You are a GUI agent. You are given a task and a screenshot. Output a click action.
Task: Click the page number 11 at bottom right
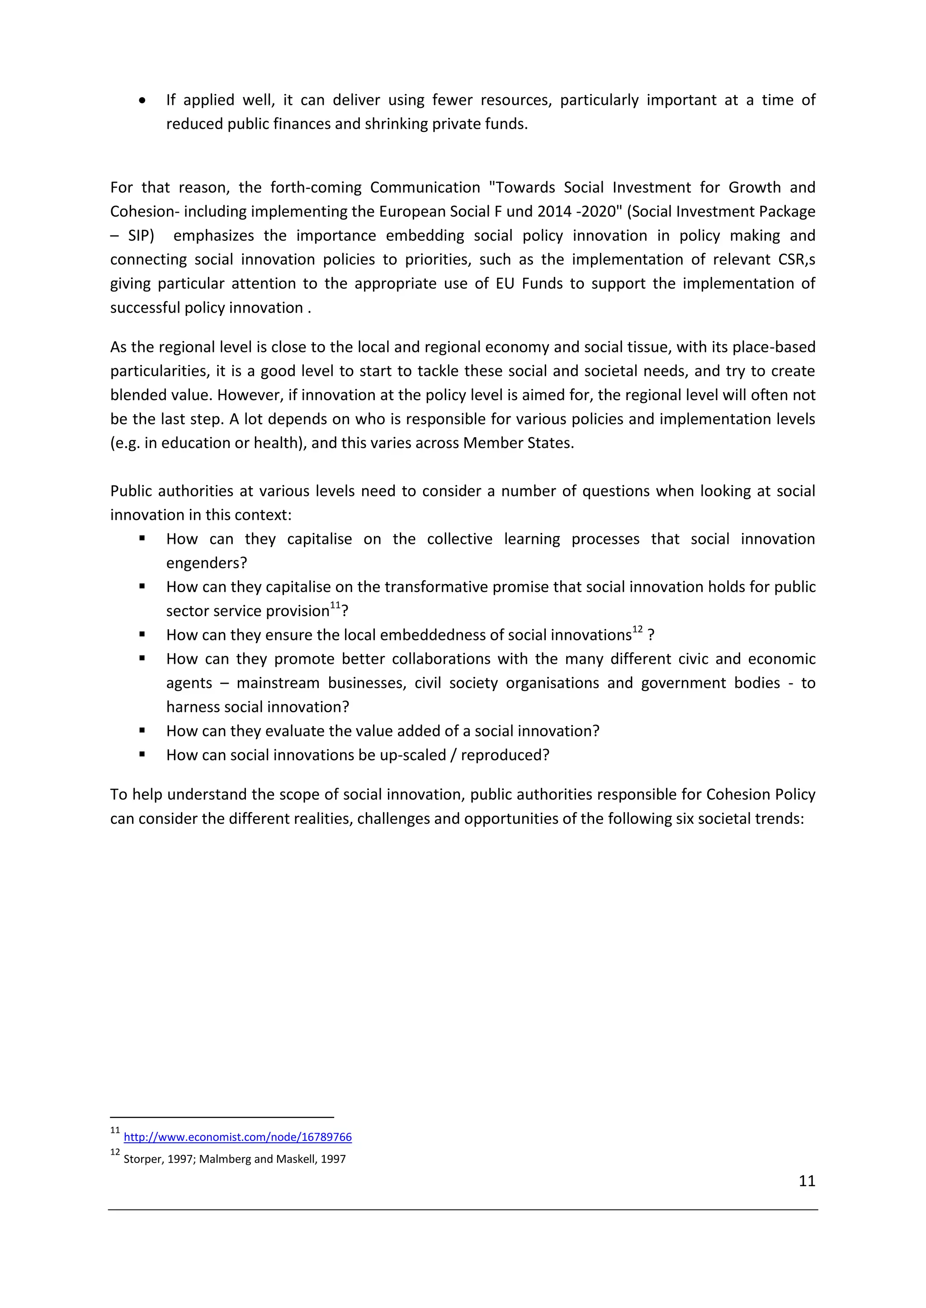click(807, 1181)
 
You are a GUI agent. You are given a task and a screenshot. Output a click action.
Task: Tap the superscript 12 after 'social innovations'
click(637, 630)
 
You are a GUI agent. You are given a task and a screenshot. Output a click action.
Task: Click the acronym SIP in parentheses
click(140, 236)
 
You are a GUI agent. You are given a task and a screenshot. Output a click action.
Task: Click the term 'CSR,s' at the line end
click(797, 260)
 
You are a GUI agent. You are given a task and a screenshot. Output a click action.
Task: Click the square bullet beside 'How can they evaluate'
click(142, 730)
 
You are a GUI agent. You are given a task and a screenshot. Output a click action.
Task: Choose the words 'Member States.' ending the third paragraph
click(518, 443)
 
